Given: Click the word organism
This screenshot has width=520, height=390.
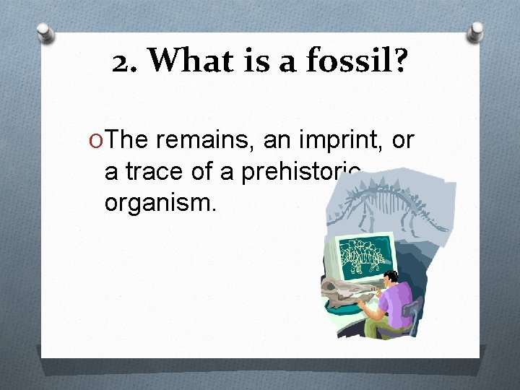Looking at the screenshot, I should click(x=160, y=203).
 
